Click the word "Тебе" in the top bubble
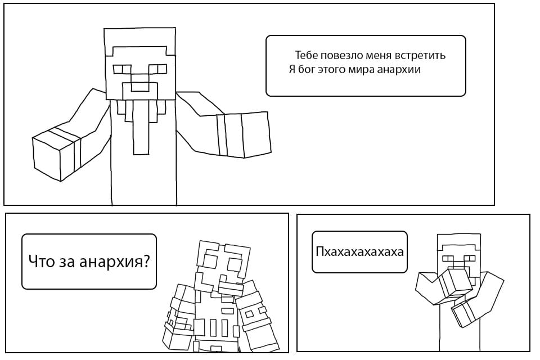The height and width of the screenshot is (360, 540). (x=303, y=55)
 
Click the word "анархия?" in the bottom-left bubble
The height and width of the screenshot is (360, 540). (x=114, y=262)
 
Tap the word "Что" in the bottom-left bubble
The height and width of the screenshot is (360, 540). (x=41, y=262)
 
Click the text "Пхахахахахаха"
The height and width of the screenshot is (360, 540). (x=359, y=252)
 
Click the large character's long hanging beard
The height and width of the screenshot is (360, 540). (x=142, y=127)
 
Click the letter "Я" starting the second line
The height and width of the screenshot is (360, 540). (x=292, y=69)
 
